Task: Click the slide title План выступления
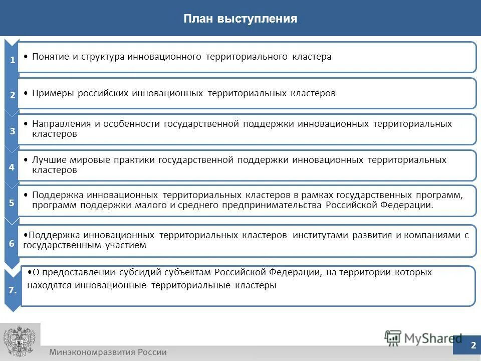click(x=241, y=20)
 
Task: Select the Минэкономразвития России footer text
click(x=108, y=352)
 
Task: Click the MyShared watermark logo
click(x=423, y=338)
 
